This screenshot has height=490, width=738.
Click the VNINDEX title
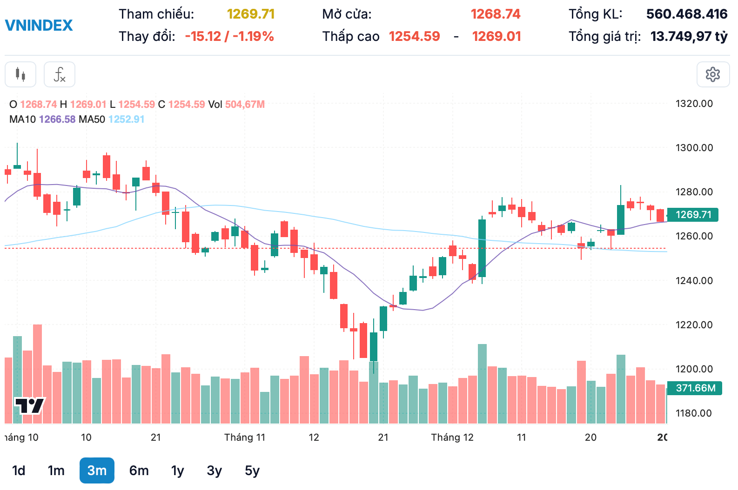39,25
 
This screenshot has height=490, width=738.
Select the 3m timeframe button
97,470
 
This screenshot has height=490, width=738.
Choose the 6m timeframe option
139,470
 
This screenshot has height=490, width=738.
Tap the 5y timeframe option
252,470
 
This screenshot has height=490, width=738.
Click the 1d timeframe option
19,470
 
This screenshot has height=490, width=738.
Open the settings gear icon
712,74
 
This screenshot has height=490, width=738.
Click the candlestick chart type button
20,74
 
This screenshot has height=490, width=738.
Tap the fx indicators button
60,74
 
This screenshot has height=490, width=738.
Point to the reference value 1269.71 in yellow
251,14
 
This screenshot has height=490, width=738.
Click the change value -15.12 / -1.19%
229,36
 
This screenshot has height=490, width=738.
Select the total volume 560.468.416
686,14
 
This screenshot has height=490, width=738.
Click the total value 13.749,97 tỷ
689,36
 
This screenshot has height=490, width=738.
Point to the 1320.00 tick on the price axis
694,104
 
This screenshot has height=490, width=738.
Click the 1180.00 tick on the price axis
694,413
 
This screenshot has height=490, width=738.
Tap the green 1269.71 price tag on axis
693,214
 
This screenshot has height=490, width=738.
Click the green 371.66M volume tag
695,388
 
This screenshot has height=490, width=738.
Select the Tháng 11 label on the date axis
244,437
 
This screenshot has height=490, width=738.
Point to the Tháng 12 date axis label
452,437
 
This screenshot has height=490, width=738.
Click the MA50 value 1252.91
127,119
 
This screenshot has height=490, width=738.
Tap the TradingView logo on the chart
29,405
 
